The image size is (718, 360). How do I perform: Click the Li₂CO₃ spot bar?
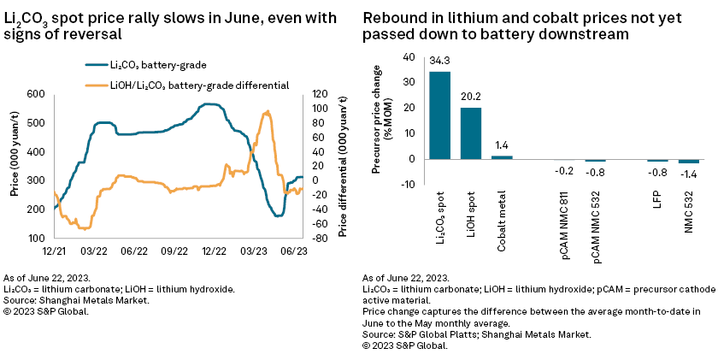pos(439,115)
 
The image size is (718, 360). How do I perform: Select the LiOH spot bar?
pos(471,133)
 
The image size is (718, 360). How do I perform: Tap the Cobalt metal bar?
pos(503,156)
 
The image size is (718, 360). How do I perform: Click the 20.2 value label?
pos(471,97)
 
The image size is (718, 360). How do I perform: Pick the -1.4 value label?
pos(688,173)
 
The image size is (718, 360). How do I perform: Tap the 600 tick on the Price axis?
pos(36,94)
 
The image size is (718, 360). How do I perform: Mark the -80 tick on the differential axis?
pos(321,238)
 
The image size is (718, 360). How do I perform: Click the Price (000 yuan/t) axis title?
pos(15,166)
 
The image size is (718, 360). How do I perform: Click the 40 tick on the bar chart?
pos(408,57)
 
